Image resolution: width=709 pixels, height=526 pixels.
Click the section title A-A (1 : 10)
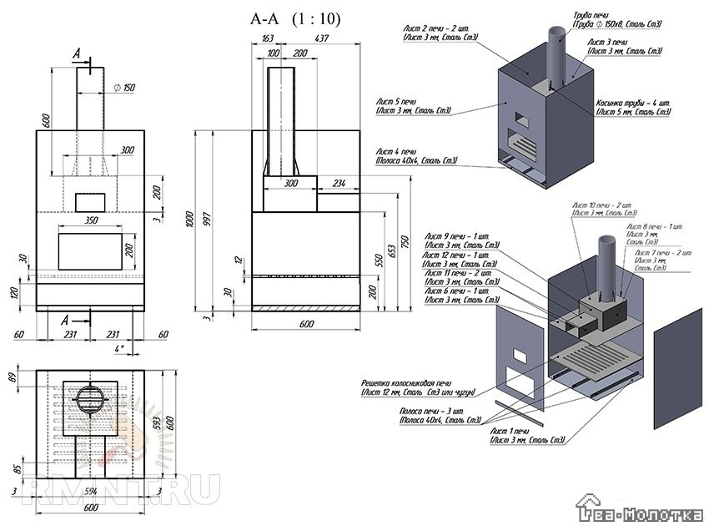[x=295, y=18]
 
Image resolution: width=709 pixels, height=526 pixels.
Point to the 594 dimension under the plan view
[x=91, y=492]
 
